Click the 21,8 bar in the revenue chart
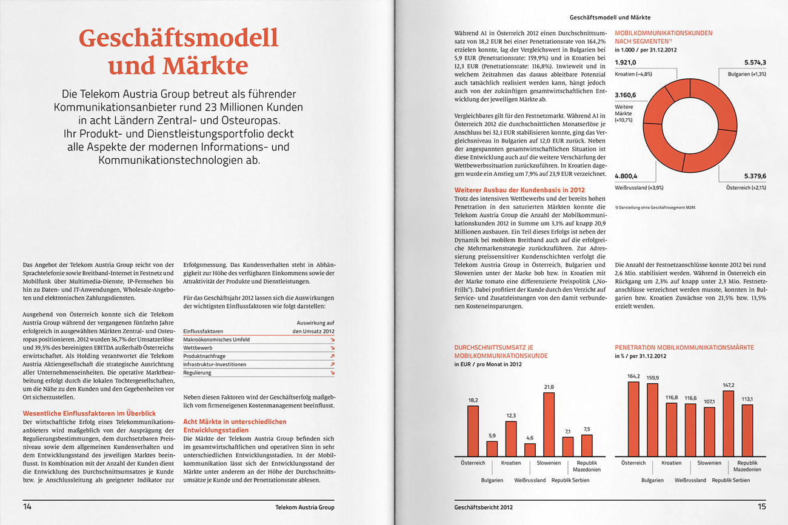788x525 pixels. tap(549, 424)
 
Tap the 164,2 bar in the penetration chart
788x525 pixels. tap(633, 419)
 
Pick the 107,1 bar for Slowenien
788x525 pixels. tap(709, 432)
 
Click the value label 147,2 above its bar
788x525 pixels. tap(728, 385)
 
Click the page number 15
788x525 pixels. tap(761, 507)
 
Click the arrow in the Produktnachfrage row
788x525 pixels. tap(332, 356)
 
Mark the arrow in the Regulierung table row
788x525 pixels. tap(332, 373)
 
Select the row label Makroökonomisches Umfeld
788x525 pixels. tap(216, 340)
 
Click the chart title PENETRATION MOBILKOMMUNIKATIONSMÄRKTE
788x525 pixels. tap(684, 347)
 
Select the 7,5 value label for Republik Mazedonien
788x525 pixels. tap(586, 429)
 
